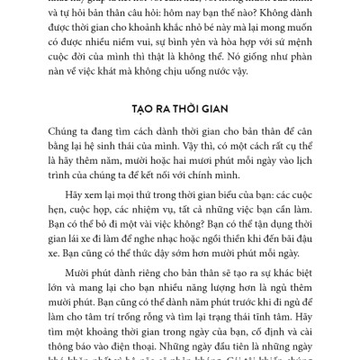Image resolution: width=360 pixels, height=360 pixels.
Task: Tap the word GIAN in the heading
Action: pos(216,103)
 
